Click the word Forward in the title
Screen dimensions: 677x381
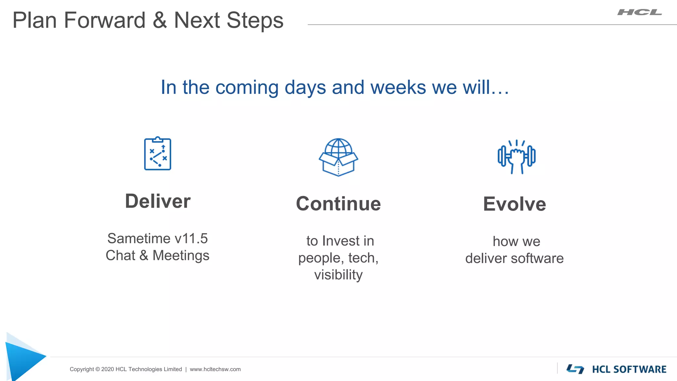click(x=104, y=21)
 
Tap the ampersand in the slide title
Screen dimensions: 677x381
click(x=160, y=21)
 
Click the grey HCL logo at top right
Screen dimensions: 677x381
click(x=640, y=13)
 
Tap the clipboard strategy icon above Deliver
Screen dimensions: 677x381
click(x=158, y=154)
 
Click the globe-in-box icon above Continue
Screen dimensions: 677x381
click(x=338, y=157)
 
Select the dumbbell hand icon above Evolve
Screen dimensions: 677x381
click(x=516, y=157)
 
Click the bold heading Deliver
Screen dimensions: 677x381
click(x=158, y=201)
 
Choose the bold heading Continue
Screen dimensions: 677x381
click(x=338, y=204)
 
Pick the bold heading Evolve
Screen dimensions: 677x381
click(x=514, y=204)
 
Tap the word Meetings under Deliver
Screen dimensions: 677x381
click(x=181, y=255)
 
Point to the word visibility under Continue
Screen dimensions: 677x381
click(x=338, y=275)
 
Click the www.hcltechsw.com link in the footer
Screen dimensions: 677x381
click(x=215, y=369)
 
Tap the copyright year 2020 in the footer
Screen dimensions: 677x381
click(x=107, y=369)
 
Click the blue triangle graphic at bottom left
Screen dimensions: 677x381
click(x=23, y=359)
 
